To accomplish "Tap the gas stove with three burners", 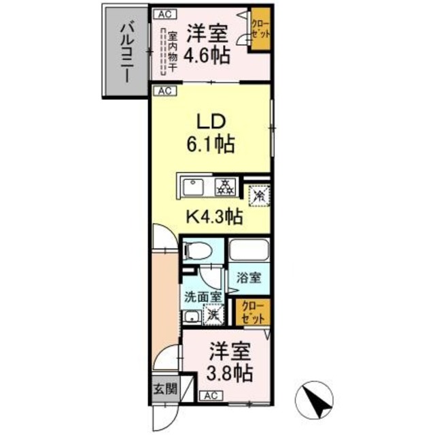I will pyautogui.click(x=224, y=186).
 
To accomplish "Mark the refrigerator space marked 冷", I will pyautogui.click(x=259, y=194).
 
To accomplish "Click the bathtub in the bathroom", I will pyautogui.click(x=249, y=251).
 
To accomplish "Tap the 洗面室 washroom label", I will pyautogui.click(x=202, y=296).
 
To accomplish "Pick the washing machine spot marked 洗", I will pyautogui.click(x=213, y=315).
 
